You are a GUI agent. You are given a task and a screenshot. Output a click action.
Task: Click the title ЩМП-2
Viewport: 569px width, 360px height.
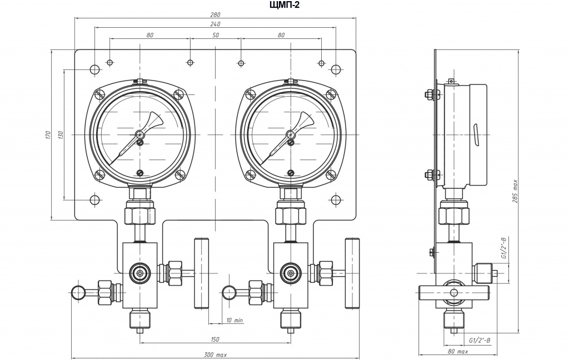285,4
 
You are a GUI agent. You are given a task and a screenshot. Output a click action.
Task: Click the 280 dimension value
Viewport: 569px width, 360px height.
215,15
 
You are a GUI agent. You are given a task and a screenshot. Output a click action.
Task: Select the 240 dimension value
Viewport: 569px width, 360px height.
215,24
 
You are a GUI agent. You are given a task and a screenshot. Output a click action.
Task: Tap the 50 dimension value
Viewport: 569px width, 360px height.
215,35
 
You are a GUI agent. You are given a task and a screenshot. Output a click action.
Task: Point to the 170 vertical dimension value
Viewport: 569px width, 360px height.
47,135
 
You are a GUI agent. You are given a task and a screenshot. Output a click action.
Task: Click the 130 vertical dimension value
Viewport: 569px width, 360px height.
60,135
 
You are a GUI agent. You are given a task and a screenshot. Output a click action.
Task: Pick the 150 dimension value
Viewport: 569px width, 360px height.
215,339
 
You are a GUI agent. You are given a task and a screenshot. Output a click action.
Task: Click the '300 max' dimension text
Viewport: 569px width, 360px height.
215,355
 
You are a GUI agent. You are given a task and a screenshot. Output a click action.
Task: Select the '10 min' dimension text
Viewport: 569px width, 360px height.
234,321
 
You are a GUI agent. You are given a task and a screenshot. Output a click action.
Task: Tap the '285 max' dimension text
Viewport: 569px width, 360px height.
515,191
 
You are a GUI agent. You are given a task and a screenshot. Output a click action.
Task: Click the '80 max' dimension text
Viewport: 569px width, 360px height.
458,351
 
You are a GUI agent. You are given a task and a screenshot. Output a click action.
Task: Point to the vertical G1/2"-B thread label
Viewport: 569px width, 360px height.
503,248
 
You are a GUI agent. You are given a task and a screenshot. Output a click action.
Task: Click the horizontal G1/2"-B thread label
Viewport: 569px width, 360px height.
480,340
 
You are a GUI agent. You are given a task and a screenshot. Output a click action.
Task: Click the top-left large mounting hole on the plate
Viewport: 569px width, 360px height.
94,69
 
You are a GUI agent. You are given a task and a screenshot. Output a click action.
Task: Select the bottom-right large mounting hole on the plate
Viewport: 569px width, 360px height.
336,201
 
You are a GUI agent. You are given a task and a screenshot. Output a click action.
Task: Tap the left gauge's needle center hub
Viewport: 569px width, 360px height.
140,134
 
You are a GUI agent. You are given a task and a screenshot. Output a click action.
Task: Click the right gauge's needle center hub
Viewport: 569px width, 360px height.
291,134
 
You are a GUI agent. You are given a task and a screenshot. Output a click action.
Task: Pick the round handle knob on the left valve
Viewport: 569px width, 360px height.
79,293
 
